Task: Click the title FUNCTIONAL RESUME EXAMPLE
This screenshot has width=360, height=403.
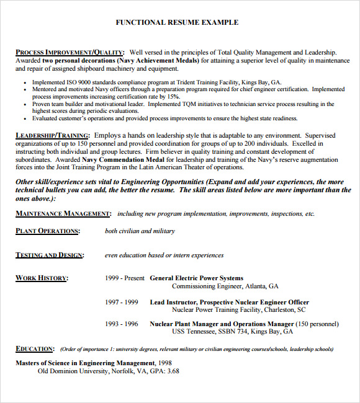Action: click(177, 22)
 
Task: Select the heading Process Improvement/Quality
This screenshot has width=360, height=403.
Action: click(70, 53)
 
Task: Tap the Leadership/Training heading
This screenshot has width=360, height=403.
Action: click(52, 135)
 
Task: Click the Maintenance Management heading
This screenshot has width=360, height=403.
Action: click(63, 214)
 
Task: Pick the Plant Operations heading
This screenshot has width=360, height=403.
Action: click(47, 231)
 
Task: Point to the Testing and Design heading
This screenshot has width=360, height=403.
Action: click(49, 255)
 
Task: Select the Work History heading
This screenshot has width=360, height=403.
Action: click(42, 278)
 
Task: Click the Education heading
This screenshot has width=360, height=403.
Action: click(34, 349)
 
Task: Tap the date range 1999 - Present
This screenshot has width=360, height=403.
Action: click(125, 278)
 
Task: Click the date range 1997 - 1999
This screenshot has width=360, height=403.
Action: click(122, 302)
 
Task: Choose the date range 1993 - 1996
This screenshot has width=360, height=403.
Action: click(122, 324)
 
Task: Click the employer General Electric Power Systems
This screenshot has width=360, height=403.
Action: click(197, 278)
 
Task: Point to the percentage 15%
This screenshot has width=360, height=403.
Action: click(173, 97)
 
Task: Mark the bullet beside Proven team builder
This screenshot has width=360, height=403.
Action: click(24, 105)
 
